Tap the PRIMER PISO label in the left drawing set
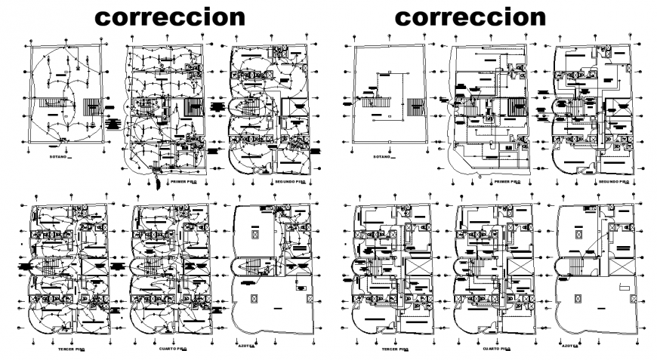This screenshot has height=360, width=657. point(183,182)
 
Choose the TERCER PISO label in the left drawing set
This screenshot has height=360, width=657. point(73,350)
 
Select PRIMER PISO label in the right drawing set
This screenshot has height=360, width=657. point(505,182)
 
